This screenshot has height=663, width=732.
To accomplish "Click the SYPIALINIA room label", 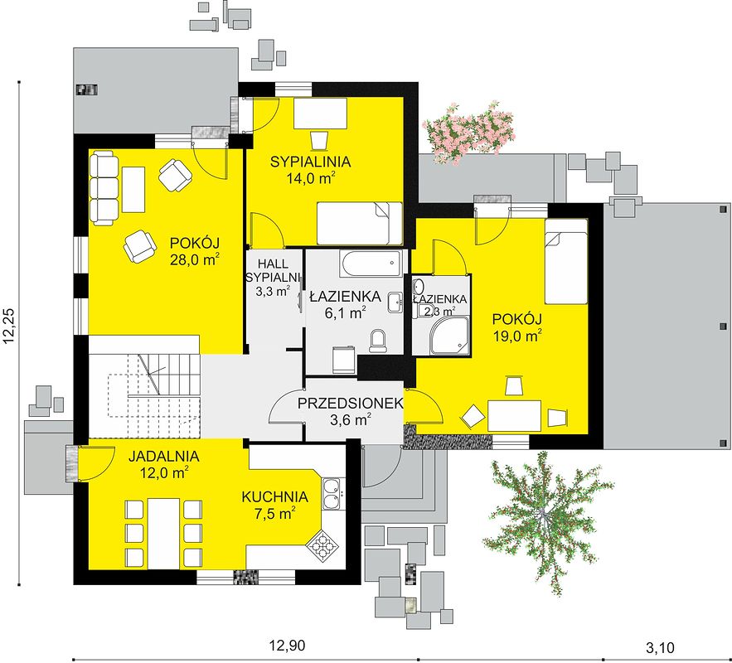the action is (310, 162).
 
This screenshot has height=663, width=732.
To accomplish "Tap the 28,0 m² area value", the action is (195, 260).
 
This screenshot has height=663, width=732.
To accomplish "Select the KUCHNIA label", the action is (274, 497).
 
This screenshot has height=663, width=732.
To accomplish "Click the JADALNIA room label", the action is (164, 456).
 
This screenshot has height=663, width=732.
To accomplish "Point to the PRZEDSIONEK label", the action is (351, 403).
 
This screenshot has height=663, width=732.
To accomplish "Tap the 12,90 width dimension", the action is (287, 646).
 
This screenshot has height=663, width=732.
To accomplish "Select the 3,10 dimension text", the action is (660, 647).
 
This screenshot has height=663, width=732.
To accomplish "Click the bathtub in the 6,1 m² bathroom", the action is (371, 264).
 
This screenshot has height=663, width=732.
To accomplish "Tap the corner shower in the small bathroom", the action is (449, 334).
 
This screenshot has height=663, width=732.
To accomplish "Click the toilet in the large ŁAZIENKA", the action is (377, 341).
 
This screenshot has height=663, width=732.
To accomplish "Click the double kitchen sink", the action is (332, 494).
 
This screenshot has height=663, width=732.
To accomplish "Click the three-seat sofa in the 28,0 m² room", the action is (104, 187).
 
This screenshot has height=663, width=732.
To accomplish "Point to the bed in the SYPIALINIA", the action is (360, 223).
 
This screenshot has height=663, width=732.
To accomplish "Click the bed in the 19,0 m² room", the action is (566, 262).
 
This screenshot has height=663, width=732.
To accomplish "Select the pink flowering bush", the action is (468, 131).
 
